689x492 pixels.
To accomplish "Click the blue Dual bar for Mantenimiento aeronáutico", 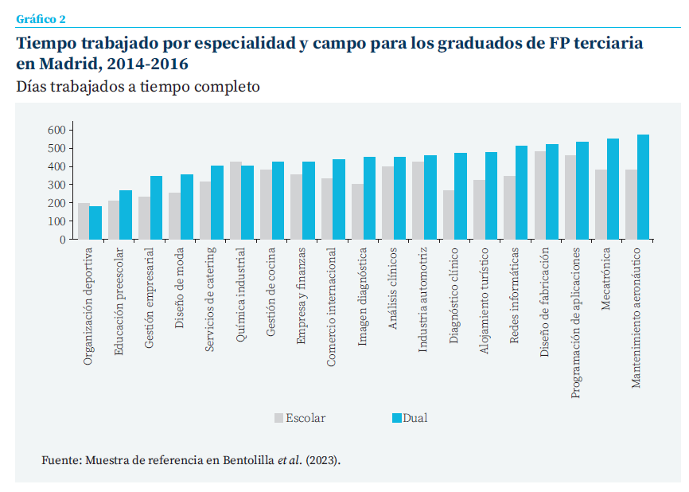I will [x=643, y=187].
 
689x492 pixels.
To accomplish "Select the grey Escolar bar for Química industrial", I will [x=236, y=201].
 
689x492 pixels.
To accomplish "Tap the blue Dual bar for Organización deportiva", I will [x=95, y=223].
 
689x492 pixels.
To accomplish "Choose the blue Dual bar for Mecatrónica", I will [x=613, y=189].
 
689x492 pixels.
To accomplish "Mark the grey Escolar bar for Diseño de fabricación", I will [x=540, y=195].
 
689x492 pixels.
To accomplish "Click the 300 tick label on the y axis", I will [x=56, y=185].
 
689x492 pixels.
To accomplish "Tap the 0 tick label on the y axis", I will [x=62, y=239].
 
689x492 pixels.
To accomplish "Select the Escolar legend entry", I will [x=299, y=418].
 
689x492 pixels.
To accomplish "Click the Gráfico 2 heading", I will [x=41, y=18].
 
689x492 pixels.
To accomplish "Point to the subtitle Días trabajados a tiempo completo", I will [x=138, y=86].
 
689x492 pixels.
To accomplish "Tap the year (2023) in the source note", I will [x=323, y=460].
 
